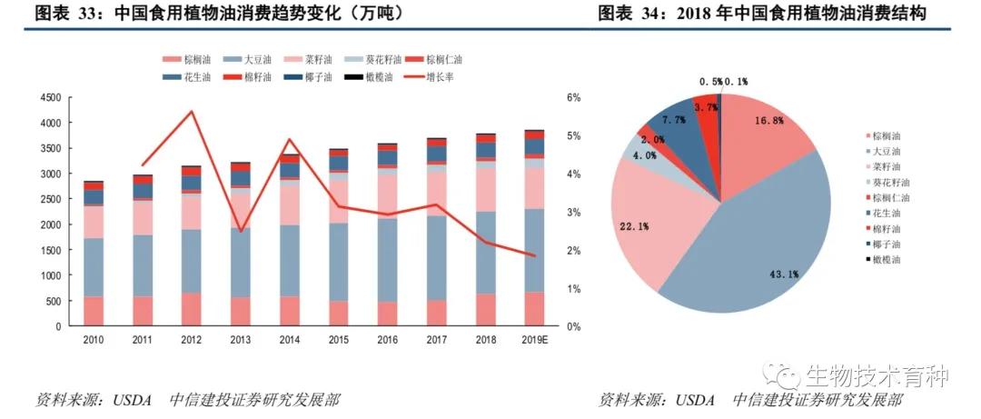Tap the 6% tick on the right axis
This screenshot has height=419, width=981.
pyautogui.click(x=572, y=97)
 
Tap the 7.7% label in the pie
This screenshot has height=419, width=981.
pyautogui.click(x=674, y=120)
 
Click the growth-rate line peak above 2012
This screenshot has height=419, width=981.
pyautogui.click(x=191, y=112)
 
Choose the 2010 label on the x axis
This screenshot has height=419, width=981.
pyautogui.click(x=94, y=339)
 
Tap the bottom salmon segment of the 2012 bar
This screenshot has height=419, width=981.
pyautogui.click(x=191, y=309)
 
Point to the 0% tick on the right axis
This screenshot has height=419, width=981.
pyautogui.click(x=572, y=325)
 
